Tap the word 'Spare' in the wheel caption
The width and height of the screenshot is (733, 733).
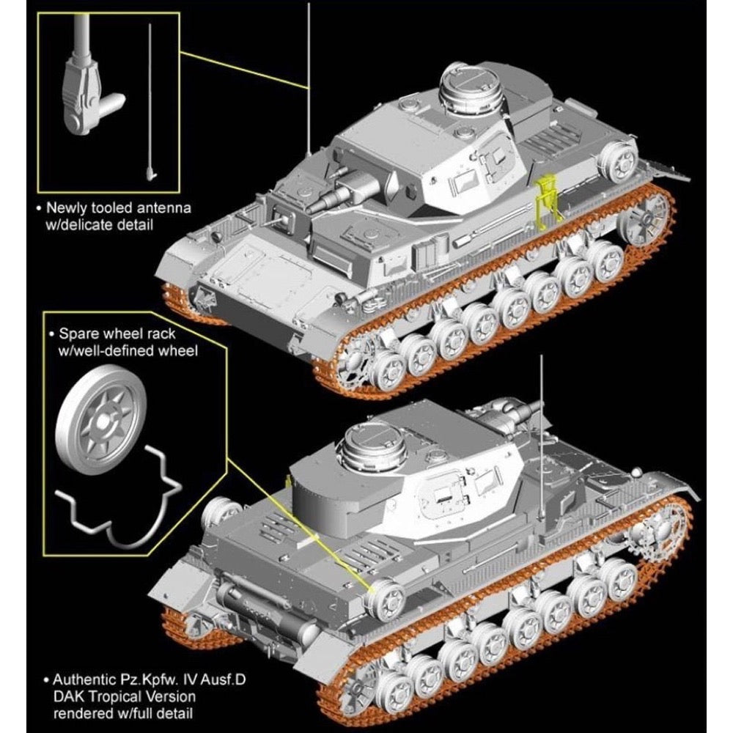tap(78, 334)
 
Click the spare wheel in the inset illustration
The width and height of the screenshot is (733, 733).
tap(100, 420)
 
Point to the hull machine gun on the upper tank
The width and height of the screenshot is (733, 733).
tap(281, 218)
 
